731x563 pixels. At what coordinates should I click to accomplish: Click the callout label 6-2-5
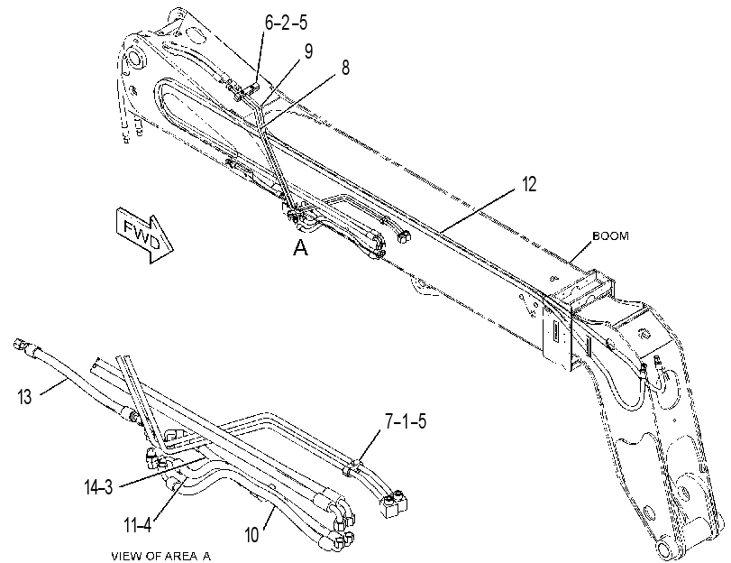point(286,23)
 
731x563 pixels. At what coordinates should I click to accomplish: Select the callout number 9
point(308,51)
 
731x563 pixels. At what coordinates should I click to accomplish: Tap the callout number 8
point(345,68)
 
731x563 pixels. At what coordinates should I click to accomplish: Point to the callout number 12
point(529,184)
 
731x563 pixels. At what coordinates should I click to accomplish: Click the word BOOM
point(610,236)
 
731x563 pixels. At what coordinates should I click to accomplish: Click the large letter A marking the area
point(301,248)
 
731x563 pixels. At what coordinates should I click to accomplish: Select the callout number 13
point(24,397)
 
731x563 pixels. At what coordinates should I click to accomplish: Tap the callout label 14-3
point(98,488)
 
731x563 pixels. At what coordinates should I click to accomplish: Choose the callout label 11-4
point(138,526)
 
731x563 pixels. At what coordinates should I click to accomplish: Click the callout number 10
point(251,535)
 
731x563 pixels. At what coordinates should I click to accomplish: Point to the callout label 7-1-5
point(405,421)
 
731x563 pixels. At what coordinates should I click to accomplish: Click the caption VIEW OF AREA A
point(160,556)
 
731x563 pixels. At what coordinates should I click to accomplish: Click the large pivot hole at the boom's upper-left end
point(133,60)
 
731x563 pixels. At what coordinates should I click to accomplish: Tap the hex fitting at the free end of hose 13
point(21,345)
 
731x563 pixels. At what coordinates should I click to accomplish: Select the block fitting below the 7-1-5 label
point(395,503)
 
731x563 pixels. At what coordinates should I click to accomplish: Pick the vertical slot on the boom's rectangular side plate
point(556,333)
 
